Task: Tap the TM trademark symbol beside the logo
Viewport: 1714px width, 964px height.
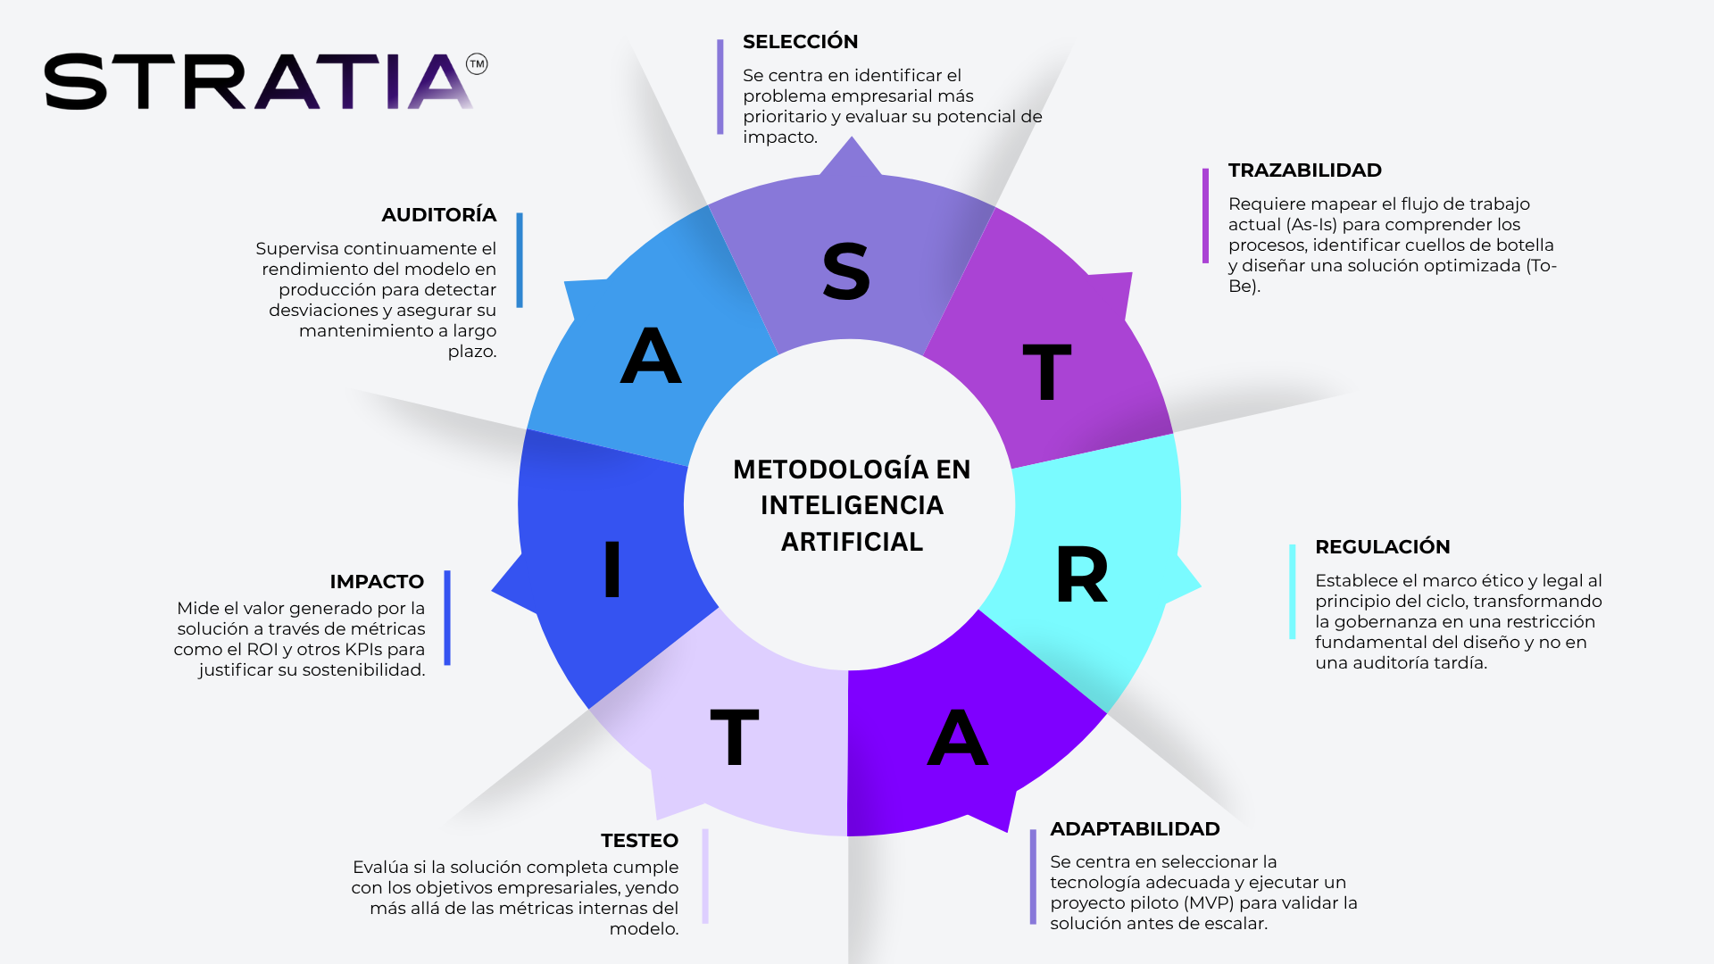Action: tap(478, 64)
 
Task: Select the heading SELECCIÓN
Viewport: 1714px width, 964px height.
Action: tap(800, 42)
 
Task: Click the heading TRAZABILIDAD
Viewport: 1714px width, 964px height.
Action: tap(1304, 170)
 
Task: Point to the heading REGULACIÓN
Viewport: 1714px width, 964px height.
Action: tap(1382, 547)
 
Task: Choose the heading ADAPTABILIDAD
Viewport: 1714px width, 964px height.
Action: tap(1135, 829)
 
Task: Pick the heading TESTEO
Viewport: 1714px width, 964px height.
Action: tap(639, 841)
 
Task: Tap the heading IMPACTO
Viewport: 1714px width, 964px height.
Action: tap(377, 582)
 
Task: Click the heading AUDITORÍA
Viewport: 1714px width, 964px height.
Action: tap(438, 215)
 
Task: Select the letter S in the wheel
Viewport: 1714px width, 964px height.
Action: tap(845, 271)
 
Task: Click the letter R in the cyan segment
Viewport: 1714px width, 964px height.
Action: tap(1081, 575)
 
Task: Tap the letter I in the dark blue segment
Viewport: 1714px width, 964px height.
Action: tap(612, 569)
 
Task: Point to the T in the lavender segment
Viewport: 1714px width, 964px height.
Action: tap(734, 737)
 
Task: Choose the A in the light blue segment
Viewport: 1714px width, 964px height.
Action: tap(651, 355)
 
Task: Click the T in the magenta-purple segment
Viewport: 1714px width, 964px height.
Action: tap(1046, 371)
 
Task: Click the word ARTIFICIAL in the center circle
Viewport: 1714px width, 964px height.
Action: tap(852, 542)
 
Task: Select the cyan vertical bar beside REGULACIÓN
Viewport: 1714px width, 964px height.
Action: tap(1292, 592)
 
